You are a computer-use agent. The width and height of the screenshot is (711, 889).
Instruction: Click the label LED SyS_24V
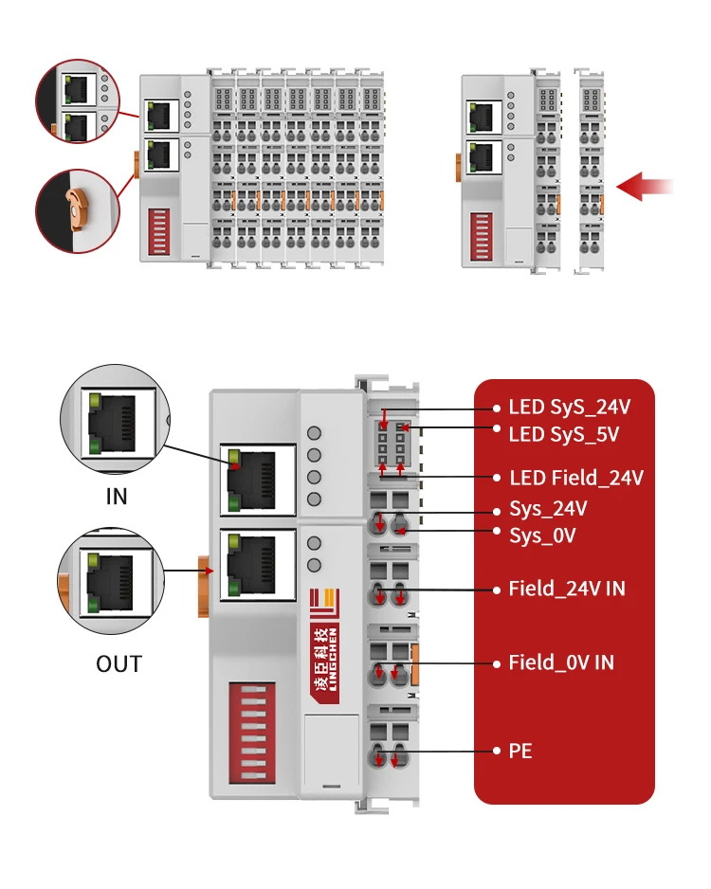[569, 408]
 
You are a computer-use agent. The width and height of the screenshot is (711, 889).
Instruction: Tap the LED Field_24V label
[576, 478]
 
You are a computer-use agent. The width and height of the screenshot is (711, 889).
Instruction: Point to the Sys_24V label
[548, 509]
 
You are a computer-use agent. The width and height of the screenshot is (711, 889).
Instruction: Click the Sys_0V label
[542, 535]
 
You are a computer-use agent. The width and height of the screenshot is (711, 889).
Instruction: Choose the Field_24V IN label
[567, 589]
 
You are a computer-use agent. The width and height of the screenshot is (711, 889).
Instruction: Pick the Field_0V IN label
[561, 662]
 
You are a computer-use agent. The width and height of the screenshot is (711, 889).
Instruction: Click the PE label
[520, 751]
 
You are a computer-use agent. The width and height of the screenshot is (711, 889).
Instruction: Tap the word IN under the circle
[117, 497]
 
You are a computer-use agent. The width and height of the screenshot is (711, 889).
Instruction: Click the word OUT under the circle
[118, 663]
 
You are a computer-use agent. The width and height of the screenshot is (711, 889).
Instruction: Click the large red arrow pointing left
[645, 187]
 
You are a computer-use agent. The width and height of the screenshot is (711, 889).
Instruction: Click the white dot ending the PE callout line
[497, 751]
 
